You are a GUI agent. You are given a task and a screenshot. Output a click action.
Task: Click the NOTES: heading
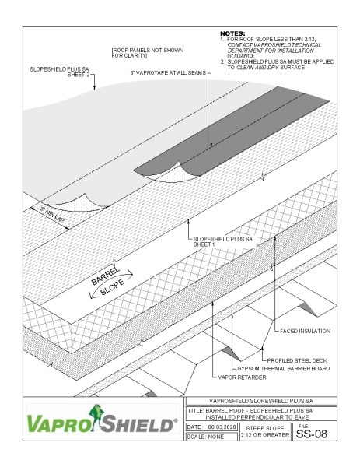pos(232,34)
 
